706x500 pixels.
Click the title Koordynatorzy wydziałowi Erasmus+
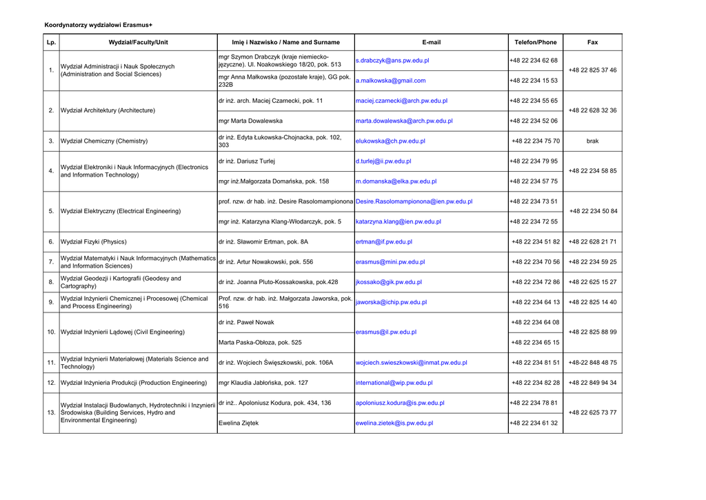click(x=99, y=26)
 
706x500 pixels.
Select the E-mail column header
click(x=431, y=43)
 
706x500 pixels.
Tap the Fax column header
click(x=592, y=43)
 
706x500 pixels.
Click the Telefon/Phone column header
click(x=535, y=43)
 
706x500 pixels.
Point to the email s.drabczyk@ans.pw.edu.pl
click(x=392, y=61)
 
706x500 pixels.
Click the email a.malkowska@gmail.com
click(x=391, y=81)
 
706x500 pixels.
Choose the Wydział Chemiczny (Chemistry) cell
click(x=104, y=141)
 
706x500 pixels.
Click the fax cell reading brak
click(x=592, y=141)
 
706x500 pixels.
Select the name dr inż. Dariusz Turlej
click(x=247, y=161)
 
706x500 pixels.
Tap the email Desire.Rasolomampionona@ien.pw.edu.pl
click(x=414, y=201)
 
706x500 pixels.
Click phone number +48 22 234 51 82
click(x=536, y=242)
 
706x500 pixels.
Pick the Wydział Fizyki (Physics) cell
click(x=94, y=242)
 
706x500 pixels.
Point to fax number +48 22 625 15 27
click(x=592, y=282)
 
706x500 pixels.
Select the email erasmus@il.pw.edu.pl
click(x=386, y=332)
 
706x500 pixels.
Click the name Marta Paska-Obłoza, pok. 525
click(x=260, y=342)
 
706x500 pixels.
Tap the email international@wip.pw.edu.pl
click(x=394, y=383)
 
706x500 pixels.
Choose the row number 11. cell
click(x=51, y=363)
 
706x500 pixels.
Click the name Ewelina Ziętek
click(x=239, y=423)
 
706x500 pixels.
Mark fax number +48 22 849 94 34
click(x=592, y=383)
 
